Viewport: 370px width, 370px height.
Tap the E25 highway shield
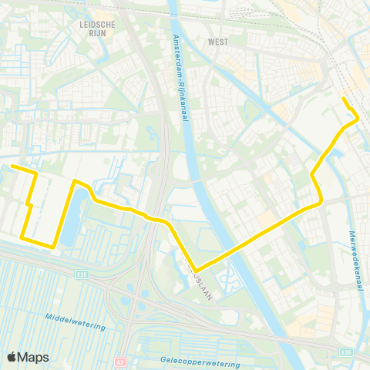pos(82,273)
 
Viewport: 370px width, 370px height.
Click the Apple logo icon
pos(12,357)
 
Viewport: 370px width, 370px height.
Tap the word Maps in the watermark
pos(33,357)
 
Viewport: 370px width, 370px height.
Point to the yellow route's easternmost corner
pos(358,118)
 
